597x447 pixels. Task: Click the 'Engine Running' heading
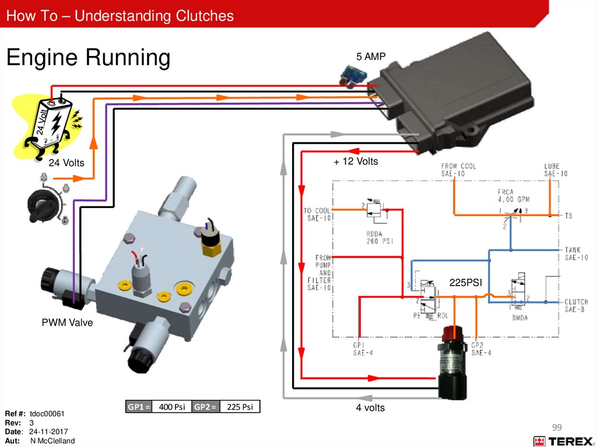[x=88, y=58]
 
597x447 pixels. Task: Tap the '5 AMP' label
[x=371, y=56]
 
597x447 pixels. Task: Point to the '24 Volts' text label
[x=66, y=163]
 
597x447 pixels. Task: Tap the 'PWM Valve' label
[x=67, y=322]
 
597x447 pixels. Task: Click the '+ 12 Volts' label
[x=356, y=161]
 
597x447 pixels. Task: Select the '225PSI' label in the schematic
[x=466, y=283]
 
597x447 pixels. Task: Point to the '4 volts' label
[x=370, y=408]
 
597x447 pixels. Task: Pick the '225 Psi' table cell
[x=240, y=407]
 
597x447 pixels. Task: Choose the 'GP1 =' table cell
[x=139, y=407]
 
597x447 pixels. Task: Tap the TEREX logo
[x=563, y=441]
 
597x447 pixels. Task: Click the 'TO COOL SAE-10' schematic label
[x=317, y=214]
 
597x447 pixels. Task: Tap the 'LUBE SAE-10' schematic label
[x=556, y=170]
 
